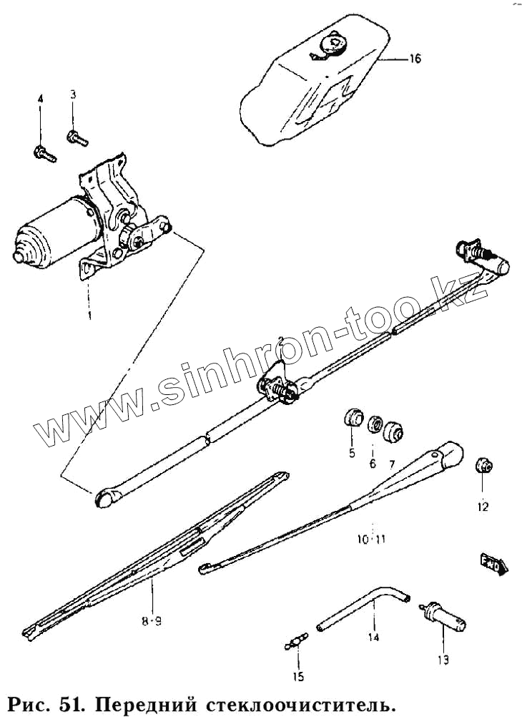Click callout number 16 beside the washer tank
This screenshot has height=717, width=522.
[x=415, y=59]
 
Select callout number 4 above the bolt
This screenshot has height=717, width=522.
[x=41, y=99]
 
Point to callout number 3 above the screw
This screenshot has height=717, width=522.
[x=72, y=94]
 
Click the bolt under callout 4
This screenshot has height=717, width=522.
[x=44, y=152]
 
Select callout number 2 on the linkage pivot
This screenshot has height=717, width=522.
[x=282, y=340]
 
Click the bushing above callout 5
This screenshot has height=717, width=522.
[x=352, y=417]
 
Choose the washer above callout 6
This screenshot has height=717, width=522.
[x=373, y=425]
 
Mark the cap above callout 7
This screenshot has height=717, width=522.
[x=394, y=431]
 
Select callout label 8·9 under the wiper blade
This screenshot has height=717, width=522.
[x=152, y=622]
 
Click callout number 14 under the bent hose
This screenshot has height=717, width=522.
[x=373, y=637]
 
